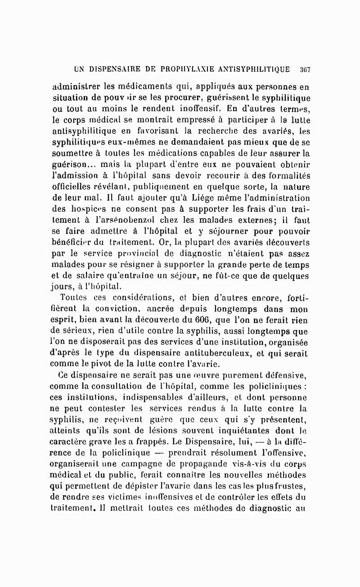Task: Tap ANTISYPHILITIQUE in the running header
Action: pos(254,70)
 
